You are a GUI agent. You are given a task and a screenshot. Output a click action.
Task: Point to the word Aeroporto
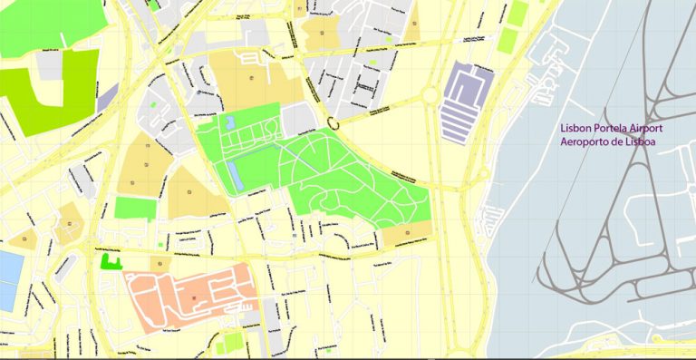tap(588, 143)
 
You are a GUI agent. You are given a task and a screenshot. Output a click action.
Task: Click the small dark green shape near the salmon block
tap(111, 263)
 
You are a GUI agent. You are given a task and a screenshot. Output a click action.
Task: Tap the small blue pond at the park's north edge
tap(228, 122)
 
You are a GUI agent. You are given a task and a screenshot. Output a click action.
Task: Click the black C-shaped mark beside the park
tap(333, 122)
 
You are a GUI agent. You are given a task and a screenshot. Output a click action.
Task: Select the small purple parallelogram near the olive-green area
tap(107, 95)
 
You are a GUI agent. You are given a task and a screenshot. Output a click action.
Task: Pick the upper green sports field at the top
tap(517, 14)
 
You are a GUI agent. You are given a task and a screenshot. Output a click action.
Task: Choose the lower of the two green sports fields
tap(509, 40)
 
